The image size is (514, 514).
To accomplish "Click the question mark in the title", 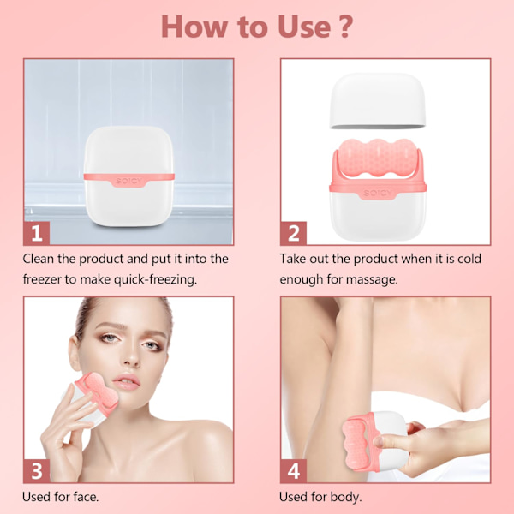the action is pyautogui.click(x=345, y=27).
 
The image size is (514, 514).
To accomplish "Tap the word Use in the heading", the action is pyautogui.click(x=304, y=27).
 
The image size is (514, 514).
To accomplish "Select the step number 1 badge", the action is pyautogui.click(x=36, y=233).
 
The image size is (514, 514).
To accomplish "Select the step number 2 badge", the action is pyautogui.click(x=293, y=233).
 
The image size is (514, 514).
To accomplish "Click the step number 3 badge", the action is pyautogui.click(x=36, y=470).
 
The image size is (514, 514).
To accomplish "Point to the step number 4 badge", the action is pyautogui.click(x=293, y=470).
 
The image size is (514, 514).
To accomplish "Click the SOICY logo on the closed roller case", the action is pyautogui.click(x=129, y=181).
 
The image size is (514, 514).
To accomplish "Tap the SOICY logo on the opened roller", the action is pyautogui.click(x=377, y=193).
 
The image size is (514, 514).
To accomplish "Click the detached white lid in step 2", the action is pyautogui.click(x=377, y=101).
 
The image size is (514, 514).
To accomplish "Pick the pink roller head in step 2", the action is pyautogui.click(x=378, y=158).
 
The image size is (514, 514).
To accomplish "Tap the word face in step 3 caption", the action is pyautogui.click(x=86, y=497).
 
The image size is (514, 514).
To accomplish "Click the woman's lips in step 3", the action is pyautogui.click(x=127, y=381).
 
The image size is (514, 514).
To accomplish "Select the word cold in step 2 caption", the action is pyautogui.click(x=469, y=259).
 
